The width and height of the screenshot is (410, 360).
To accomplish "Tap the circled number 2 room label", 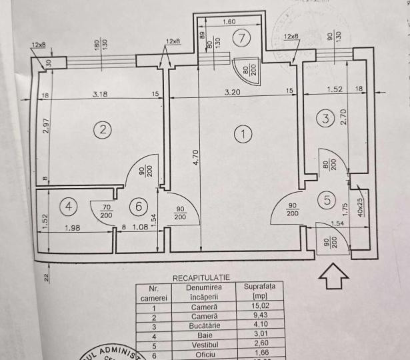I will tap(101, 130).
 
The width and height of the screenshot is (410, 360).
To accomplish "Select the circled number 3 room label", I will tap(325, 119).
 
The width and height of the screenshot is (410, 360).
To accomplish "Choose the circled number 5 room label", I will tap(327, 198).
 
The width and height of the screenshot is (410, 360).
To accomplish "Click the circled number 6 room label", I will tap(139, 207).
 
